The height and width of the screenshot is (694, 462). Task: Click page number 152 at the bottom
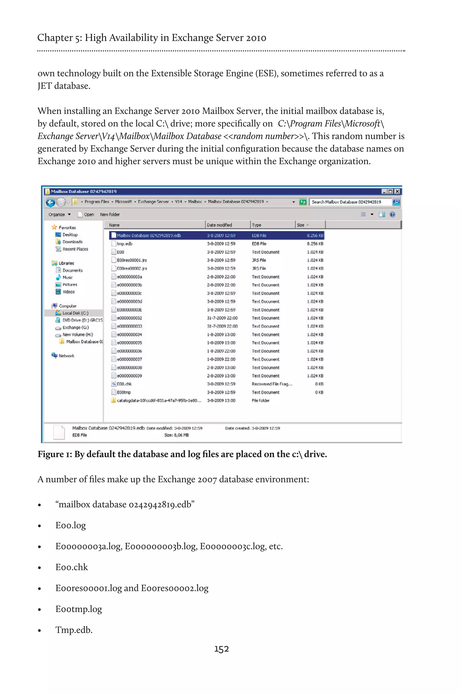pos(221,649)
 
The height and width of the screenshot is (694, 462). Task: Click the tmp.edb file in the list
pos(124,244)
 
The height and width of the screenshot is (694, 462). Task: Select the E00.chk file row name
pos(124,384)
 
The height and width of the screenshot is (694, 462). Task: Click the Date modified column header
pos(219,225)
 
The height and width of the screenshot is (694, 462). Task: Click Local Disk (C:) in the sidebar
pos(75,313)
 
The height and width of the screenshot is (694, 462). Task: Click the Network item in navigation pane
pos(66,356)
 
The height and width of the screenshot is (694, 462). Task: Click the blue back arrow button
pos(50,202)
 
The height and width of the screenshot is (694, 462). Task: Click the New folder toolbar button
pos(110,215)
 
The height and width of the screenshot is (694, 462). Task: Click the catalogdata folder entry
pos(159,400)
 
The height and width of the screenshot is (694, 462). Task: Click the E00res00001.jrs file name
pos(132,260)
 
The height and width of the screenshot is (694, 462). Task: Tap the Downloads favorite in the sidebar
pos(72,242)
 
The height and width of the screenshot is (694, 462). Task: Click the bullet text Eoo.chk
pos(72,567)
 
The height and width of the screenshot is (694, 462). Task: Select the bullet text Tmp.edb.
pos(74,630)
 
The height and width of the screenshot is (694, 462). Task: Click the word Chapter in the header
pos(55,38)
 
